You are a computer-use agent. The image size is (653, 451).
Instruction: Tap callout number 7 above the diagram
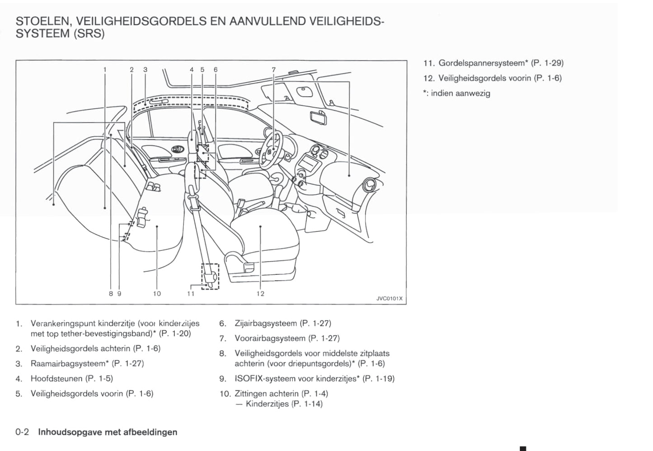point(273,70)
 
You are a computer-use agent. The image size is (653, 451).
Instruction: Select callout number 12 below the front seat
point(260,294)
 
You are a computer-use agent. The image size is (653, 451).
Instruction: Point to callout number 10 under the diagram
point(157,294)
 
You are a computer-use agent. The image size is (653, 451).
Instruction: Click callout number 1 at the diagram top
point(105,70)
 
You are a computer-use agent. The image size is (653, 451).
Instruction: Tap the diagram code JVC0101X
point(389,299)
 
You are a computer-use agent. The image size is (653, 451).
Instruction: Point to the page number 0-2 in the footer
point(22,432)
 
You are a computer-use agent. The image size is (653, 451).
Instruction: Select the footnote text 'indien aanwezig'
point(460,94)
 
